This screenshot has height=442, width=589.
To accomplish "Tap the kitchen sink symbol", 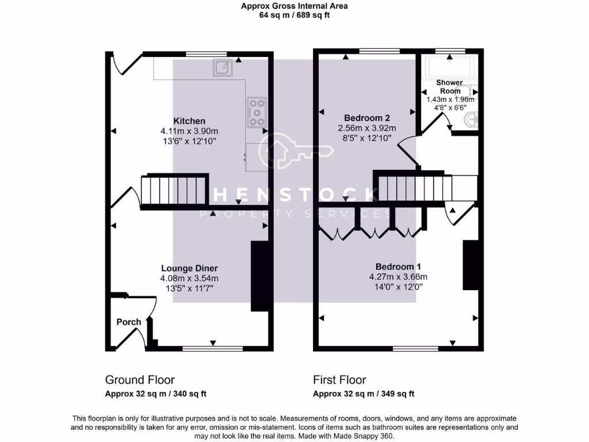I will (221, 67).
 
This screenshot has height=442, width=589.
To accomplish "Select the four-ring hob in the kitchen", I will (257, 112).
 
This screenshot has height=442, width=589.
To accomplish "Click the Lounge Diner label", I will (189, 268).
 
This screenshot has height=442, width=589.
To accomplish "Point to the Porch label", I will (129, 322).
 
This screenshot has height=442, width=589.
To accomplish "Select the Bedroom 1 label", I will (398, 266).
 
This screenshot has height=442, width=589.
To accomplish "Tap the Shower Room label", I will (450, 87).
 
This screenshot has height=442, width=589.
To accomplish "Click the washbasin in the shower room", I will (471, 120).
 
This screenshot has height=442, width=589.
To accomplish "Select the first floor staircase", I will (415, 187).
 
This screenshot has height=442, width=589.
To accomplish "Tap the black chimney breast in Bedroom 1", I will (471, 265).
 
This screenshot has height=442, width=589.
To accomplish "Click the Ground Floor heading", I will (140, 380).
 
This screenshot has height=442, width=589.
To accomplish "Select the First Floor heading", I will (339, 380).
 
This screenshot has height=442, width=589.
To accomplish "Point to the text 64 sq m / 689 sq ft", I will (294, 16).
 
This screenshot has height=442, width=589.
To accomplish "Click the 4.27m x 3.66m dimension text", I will (398, 276).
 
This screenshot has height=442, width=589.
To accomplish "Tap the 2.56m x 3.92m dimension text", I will (367, 128).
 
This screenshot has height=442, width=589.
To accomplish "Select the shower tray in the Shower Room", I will (448, 67).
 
